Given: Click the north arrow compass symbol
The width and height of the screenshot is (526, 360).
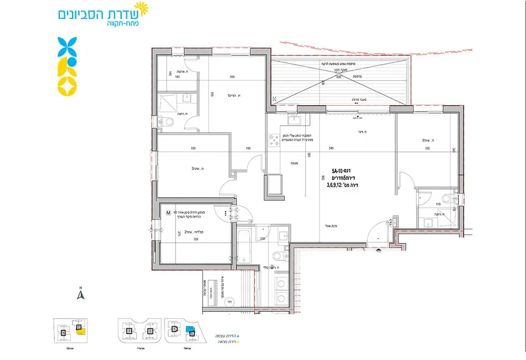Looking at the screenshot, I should click(x=80, y=294).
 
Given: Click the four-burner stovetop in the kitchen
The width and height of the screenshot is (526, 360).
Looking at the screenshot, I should click(x=274, y=140).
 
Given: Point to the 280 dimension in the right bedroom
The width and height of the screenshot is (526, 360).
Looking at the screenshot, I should click(x=427, y=149).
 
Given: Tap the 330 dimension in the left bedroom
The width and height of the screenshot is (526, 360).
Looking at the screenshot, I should click(x=193, y=149).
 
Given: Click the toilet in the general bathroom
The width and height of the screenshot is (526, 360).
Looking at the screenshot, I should click(x=279, y=256).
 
